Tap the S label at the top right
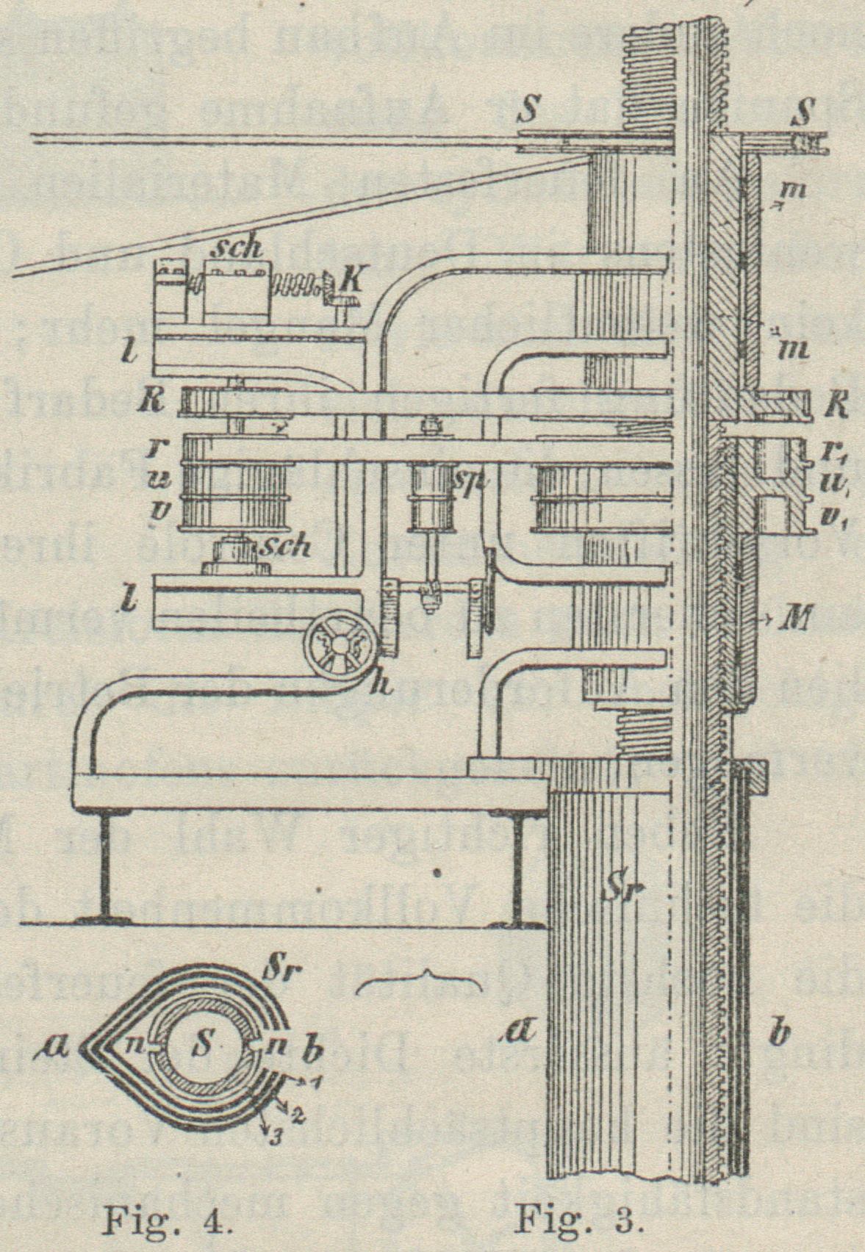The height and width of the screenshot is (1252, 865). [805, 112]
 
